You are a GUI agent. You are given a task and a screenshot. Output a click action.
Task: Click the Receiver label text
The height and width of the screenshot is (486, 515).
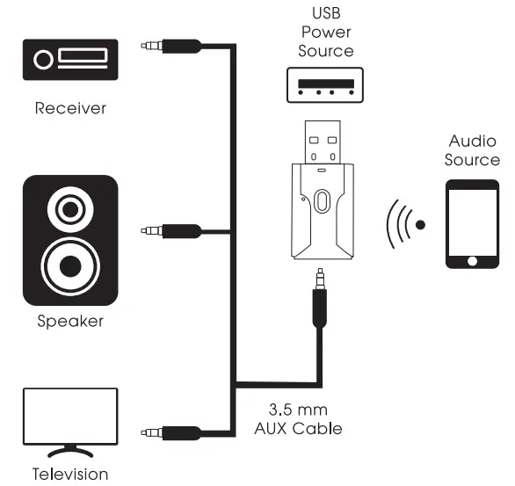click(70, 109)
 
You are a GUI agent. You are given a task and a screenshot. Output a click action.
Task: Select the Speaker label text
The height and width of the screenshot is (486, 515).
click(70, 321)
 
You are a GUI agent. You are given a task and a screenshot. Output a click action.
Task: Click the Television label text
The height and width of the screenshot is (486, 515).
click(70, 475)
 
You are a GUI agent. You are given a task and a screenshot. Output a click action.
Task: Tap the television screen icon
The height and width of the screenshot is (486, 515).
click(70, 417)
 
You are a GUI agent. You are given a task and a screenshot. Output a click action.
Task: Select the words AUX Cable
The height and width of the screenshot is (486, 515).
click(298, 429)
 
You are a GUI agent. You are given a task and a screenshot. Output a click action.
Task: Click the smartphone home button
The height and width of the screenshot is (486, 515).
click(473, 260)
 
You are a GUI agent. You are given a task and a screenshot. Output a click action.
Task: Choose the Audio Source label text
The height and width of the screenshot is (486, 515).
click(472, 150)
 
